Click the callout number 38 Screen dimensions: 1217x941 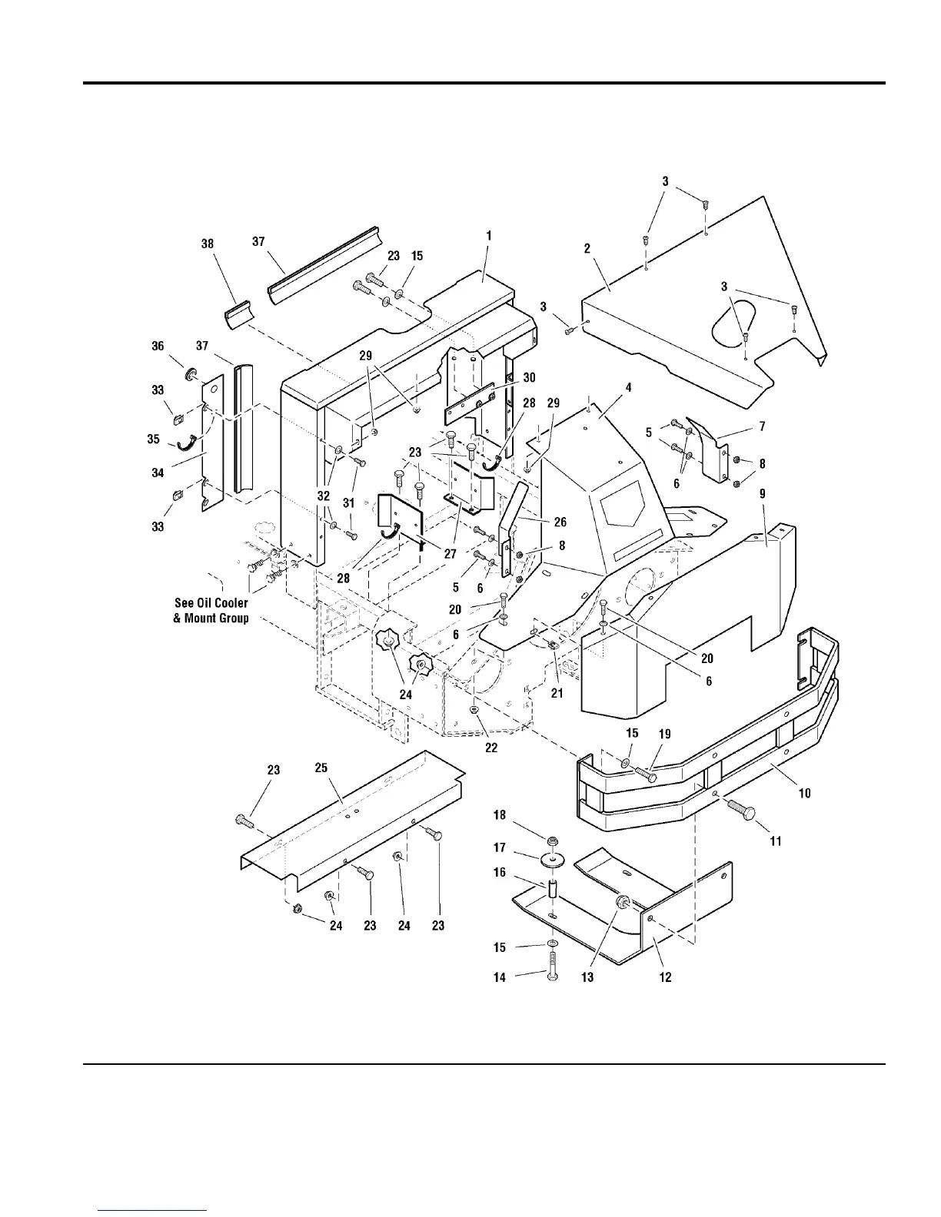tap(207, 244)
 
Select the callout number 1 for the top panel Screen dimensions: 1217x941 tap(488, 235)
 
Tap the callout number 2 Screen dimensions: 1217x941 tap(587, 248)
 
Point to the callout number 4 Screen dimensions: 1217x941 tap(628, 388)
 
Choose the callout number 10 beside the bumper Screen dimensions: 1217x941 tap(804, 793)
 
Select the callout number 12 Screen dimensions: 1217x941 tap(665, 977)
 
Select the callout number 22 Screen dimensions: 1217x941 tap(491, 748)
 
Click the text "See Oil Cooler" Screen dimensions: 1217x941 tap(211, 603)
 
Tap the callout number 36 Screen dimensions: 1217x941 tap(158, 347)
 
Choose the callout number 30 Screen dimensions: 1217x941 tap(529, 377)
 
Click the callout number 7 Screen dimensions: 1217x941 tap(761, 426)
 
